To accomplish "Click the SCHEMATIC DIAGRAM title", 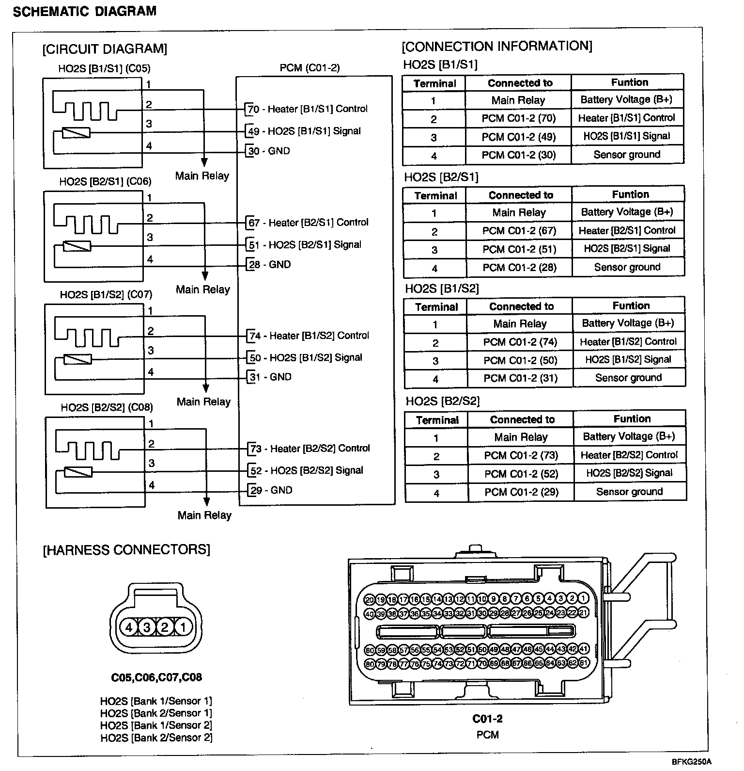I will [x=85, y=12].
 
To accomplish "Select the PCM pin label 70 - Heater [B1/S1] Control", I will [x=308, y=109].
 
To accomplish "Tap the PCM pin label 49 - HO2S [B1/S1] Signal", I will [x=304, y=131].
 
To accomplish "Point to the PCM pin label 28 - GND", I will [x=269, y=265].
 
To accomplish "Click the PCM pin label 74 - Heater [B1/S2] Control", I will [x=309, y=336].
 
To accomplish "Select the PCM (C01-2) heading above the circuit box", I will [x=310, y=68].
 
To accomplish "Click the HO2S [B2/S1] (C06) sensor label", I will [x=105, y=181].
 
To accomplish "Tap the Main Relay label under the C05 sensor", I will [x=202, y=176].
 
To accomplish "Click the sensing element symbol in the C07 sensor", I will [x=78, y=359].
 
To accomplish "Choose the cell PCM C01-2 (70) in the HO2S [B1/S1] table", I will [x=518, y=118].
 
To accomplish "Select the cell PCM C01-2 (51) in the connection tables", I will [x=519, y=249].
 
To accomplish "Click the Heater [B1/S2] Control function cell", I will [x=628, y=342].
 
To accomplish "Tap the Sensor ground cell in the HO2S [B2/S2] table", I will [x=629, y=492].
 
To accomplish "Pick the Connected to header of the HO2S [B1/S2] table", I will [x=521, y=306].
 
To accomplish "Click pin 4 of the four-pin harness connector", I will [x=129, y=627].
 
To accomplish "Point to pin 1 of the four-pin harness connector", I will [x=183, y=627].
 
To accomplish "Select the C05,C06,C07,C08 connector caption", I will [x=156, y=677].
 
